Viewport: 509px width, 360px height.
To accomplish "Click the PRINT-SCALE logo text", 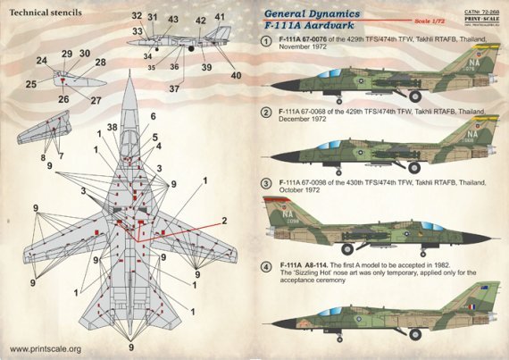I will pyautogui.click(x=477, y=18).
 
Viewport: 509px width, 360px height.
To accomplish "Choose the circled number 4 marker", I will pyautogui.click(x=266, y=267).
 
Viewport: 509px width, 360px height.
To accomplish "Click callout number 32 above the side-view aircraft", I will pyautogui.click(x=136, y=17).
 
